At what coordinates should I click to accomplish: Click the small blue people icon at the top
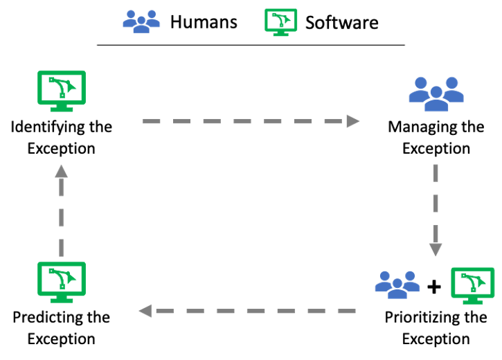pyautogui.click(x=141, y=21)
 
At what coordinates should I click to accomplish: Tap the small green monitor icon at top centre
pyautogui.click(x=280, y=21)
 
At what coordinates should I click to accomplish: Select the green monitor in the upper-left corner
pyautogui.click(x=62, y=90)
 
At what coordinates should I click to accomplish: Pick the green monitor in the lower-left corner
pyautogui.click(x=62, y=281)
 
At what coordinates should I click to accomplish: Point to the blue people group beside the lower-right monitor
pyautogui.click(x=397, y=284)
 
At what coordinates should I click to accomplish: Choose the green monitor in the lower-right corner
pyautogui.click(x=473, y=285)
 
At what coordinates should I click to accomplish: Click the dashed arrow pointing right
pyautogui.click(x=249, y=121)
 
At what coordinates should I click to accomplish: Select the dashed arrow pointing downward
pyautogui.click(x=436, y=208)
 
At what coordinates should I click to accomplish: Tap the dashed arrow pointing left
pyautogui.click(x=249, y=311)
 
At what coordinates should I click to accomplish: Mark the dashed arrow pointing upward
pyautogui.click(x=62, y=211)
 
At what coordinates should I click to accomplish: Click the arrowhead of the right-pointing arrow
pyautogui.click(x=353, y=121)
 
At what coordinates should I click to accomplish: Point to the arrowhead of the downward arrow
pyautogui.click(x=436, y=250)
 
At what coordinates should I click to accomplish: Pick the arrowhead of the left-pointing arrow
pyautogui.click(x=145, y=311)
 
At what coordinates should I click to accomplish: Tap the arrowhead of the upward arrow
pyautogui.click(x=62, y=171)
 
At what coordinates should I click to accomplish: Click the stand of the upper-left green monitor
pyautogui.click(x=62, y=108)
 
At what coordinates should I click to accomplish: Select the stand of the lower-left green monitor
pyautogui.click(x=62, y=299)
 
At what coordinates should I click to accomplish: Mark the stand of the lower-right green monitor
pyautogui.click(x=473, y=301)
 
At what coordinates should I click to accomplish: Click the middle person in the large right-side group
pyautogui.click(x=436, y=100)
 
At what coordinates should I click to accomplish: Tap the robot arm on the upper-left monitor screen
pyautogui.click(x=61, y=87)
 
